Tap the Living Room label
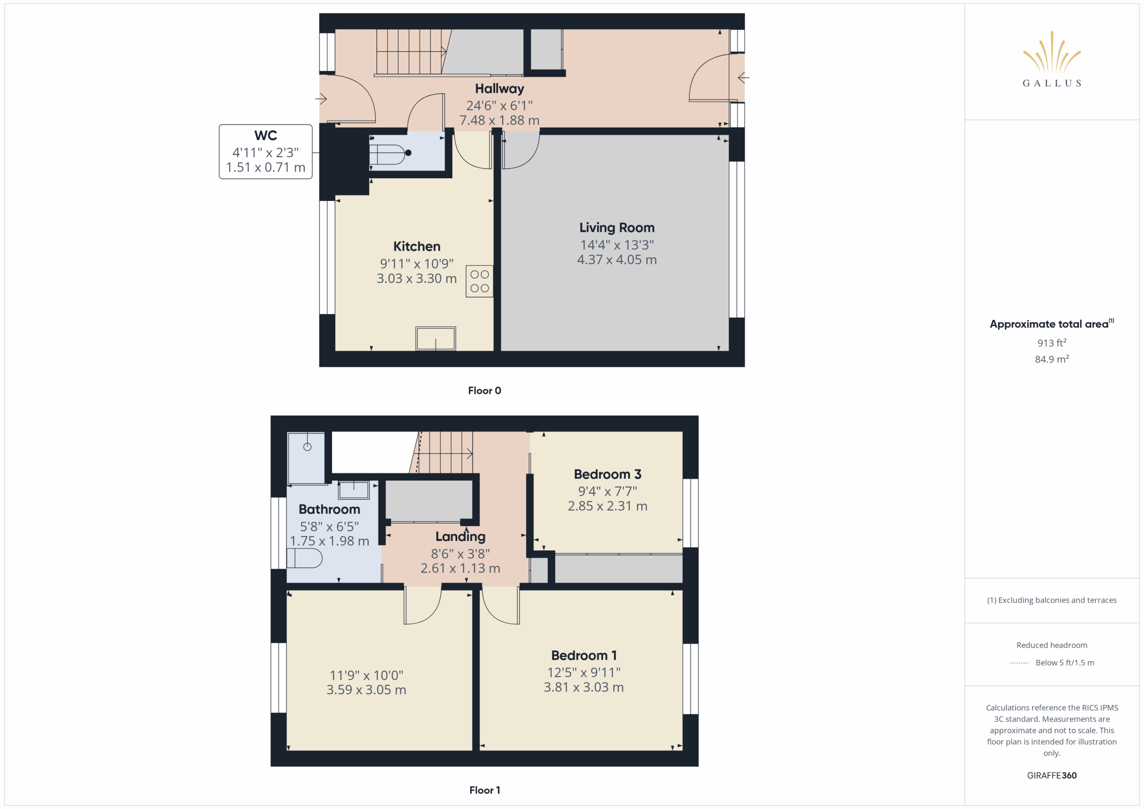point(617,228)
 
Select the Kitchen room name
point(416,247)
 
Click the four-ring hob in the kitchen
point(479,281)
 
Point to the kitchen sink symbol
point(435,339)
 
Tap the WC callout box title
point(265,135)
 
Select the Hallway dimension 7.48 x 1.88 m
point(499,121)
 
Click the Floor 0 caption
point(484,390)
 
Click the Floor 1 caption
point(484,790)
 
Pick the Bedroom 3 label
point(607,474)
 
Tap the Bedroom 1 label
point(584,656)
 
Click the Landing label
point(460,537)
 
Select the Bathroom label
point(329,510)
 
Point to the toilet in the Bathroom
point(304,558)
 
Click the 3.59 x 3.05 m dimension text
point(366,690)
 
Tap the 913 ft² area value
point(1052,343)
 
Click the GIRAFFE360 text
point(1052,775)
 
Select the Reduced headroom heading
point(1052,645)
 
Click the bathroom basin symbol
point(354,490)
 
